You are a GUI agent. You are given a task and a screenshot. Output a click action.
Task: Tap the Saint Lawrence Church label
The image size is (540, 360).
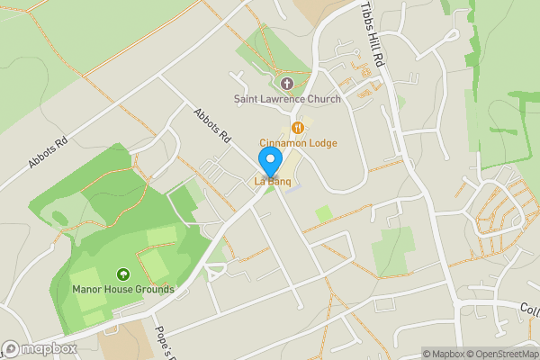(287, 98)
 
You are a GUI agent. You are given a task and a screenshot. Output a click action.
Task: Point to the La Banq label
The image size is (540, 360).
(271, 183)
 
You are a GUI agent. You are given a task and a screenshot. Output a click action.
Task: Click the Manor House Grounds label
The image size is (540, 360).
(123, 289)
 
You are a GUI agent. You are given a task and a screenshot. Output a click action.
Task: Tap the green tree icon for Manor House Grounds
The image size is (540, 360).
(123, 274)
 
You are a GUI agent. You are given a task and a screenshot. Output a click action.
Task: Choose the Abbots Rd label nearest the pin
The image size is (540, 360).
(211, 125)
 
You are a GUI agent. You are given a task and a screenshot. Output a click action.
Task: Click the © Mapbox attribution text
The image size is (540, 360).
(444, 354)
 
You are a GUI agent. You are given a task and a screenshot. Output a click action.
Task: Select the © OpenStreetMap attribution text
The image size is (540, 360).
(501, 354)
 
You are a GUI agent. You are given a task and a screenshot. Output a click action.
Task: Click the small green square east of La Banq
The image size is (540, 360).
(323, 214)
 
